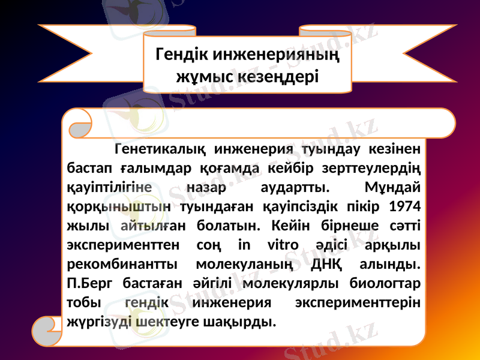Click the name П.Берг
tap(89, 283)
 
